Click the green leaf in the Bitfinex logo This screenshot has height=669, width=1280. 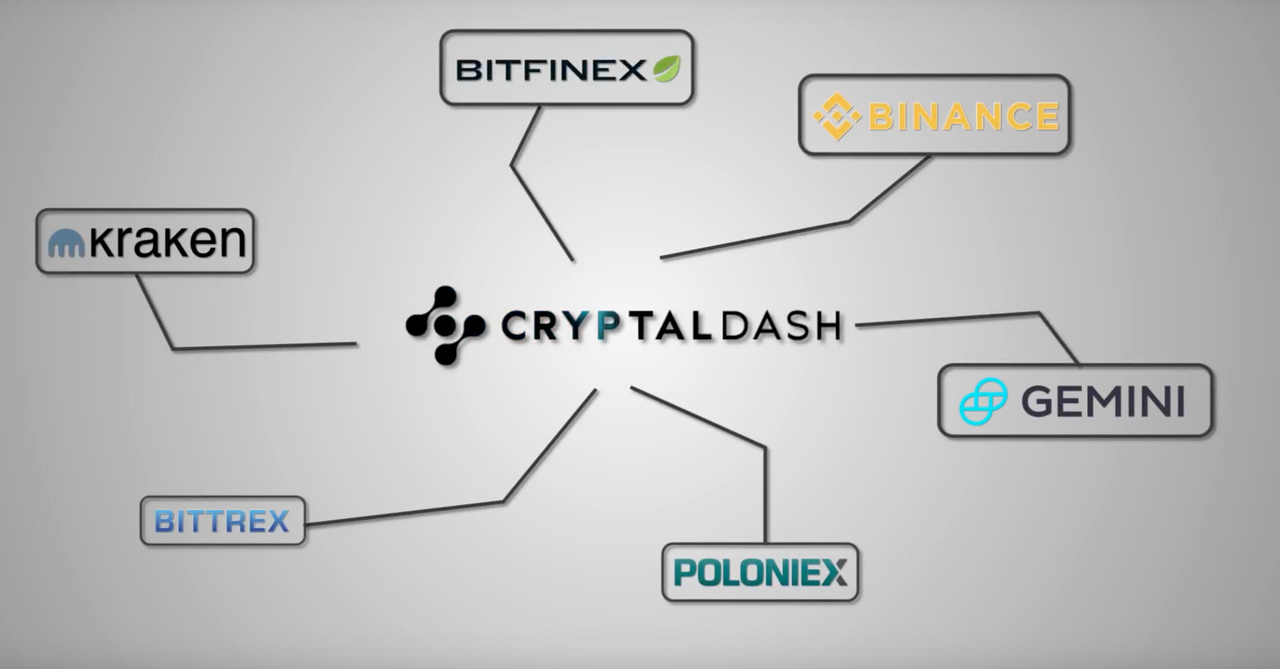[666, 70]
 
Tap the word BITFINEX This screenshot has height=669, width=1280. [550, 70]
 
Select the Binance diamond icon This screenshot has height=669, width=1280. [836, 117]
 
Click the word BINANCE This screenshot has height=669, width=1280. [964, 117]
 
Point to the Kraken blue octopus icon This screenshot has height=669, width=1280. [66, 243]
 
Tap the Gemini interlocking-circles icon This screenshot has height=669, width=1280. [983, 403]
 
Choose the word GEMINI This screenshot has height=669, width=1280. [1103, 402]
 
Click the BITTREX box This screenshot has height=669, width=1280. [222, 522]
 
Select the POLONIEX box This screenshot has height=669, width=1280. [760, 573]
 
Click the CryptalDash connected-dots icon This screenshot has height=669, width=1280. [445, 326]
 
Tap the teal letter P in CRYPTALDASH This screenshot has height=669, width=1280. [610, 326]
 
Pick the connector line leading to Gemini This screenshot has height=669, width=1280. [960, 318]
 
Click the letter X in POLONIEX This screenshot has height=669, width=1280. [834, 573]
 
